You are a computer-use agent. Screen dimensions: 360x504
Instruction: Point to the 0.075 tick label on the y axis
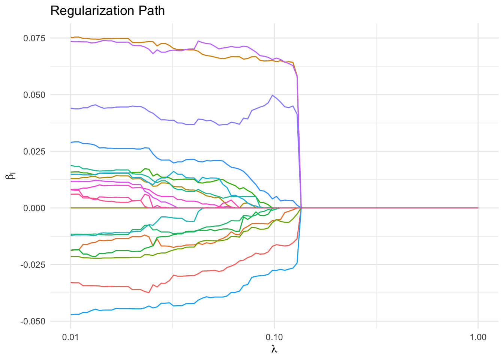34,38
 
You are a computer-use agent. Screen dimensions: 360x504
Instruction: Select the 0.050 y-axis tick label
34,95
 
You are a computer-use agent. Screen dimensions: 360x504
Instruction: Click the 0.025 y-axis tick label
34,151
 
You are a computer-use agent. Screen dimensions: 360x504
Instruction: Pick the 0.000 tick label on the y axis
34,208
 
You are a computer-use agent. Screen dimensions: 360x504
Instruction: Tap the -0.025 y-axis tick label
33,265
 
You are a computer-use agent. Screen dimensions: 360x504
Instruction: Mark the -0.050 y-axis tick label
33,321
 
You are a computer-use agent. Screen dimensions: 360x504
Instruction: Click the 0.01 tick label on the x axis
70,337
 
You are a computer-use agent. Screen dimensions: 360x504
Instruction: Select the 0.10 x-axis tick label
274,337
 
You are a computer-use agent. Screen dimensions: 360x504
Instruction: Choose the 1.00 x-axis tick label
478,337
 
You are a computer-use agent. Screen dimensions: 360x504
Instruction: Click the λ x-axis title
274,349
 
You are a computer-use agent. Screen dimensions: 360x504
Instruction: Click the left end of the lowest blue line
71,315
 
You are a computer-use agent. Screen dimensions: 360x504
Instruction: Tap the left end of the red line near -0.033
71,282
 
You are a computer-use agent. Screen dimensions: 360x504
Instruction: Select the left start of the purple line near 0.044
71,108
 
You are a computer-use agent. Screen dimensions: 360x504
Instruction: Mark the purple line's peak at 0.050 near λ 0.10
272,95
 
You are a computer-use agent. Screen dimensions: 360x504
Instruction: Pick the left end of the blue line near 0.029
71,142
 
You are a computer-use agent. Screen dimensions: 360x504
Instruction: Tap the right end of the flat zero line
478,208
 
